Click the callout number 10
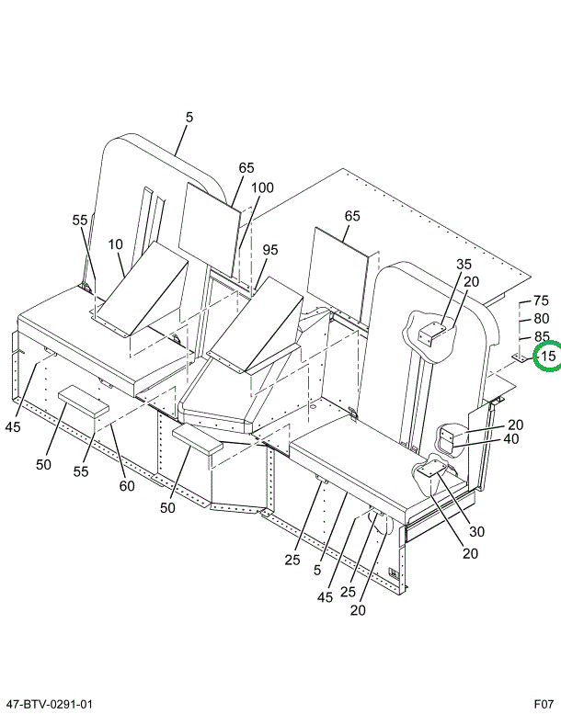(115, 244)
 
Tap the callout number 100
(262, 188)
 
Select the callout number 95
(269, 250)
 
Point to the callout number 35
(463, 265)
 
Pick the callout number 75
(541, 301)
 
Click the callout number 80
(541, 319)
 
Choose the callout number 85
(541, 336)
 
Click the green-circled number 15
(548, 356)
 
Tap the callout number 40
(511, 439)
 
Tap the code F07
(543, 704)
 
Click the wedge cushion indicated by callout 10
(143, 289)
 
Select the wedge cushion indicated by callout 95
(258, 326)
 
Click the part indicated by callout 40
(450, 438)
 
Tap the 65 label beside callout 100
(246, 168)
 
